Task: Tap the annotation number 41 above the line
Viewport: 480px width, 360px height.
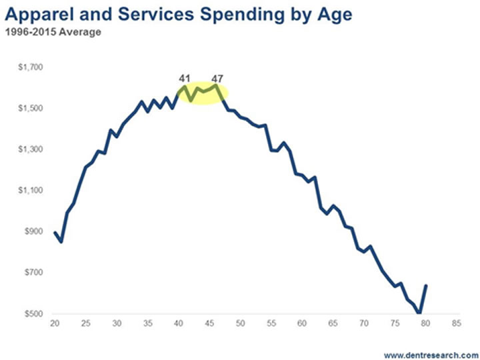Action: (185, 79)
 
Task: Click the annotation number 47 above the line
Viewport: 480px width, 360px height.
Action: (217, 79)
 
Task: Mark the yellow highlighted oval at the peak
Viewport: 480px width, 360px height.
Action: (201, 93)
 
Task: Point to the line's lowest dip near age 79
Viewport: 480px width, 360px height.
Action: (419, 313)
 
